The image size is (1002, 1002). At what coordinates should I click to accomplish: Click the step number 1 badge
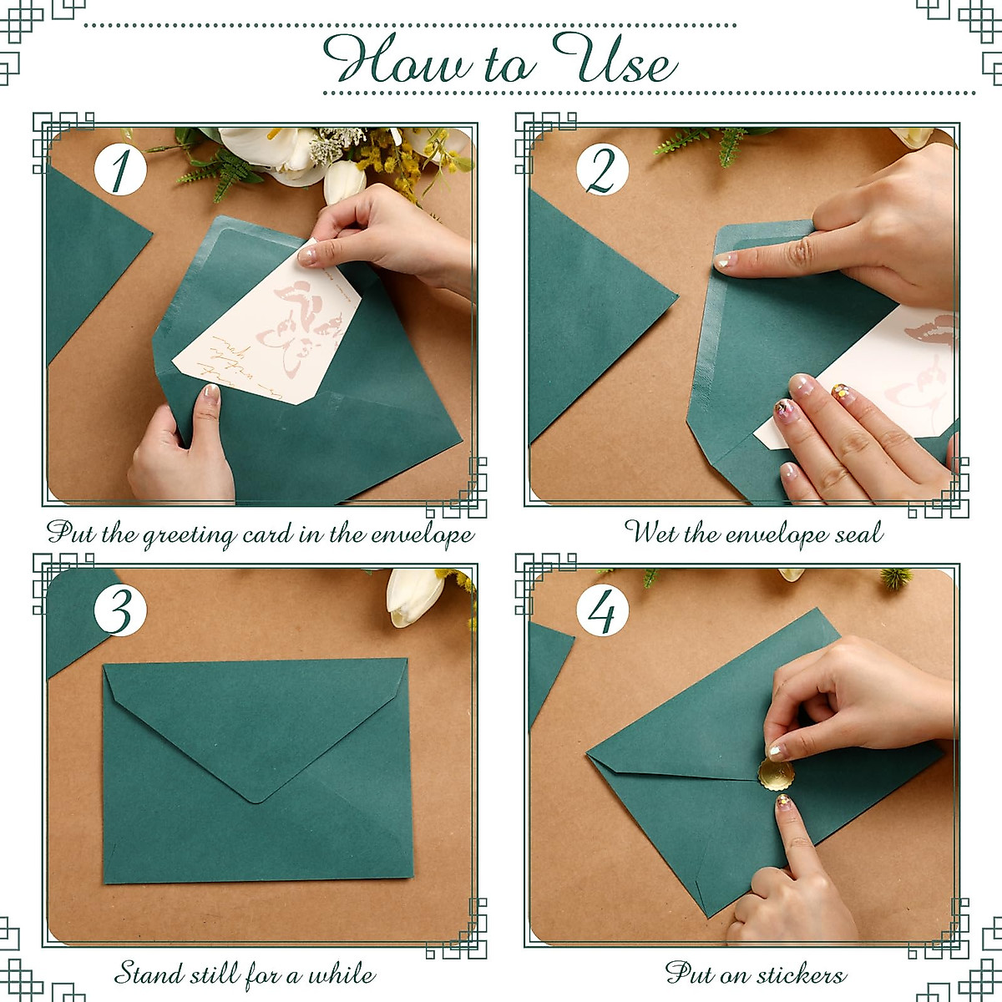click(x=120, y=170)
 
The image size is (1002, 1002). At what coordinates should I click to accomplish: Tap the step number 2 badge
click(x=602, y=170)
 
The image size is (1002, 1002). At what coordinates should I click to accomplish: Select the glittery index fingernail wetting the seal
click(x=725, y=261)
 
